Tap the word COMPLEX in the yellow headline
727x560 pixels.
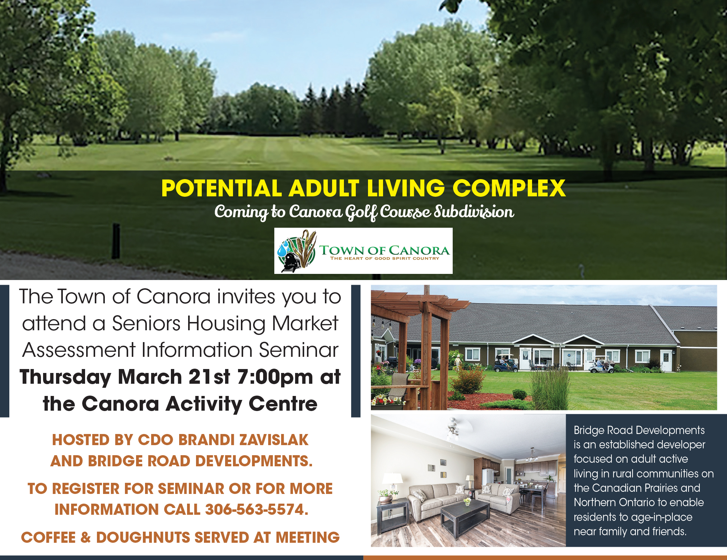[509, 188]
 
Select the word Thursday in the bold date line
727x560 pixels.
[65, 378]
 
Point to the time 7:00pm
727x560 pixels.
[275, 377]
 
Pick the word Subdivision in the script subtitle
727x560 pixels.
[474, 212]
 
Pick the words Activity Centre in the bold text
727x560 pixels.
[242, 404]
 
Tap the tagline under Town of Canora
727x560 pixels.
[385, 258]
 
